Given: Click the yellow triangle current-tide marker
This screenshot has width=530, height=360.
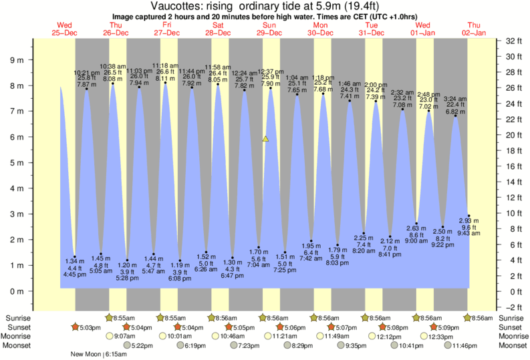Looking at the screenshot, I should click(x=265, y=139).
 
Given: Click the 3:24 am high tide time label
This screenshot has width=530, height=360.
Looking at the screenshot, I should click(x=454, y=99).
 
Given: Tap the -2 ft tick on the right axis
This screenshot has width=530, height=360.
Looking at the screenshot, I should click(x=513, y=307).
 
